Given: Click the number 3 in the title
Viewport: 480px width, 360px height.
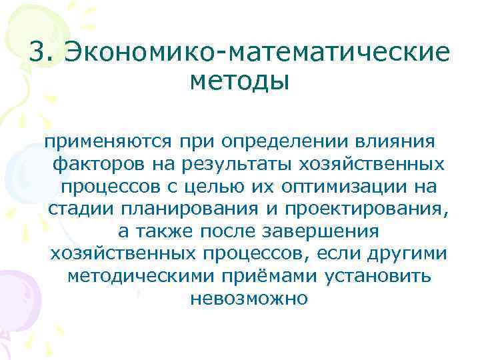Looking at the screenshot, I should (x=37, y=51).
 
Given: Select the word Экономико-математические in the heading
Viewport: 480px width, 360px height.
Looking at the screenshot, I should (x=257, y=51).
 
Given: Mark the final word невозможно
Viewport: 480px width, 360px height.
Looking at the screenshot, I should (x=248, y=299).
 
